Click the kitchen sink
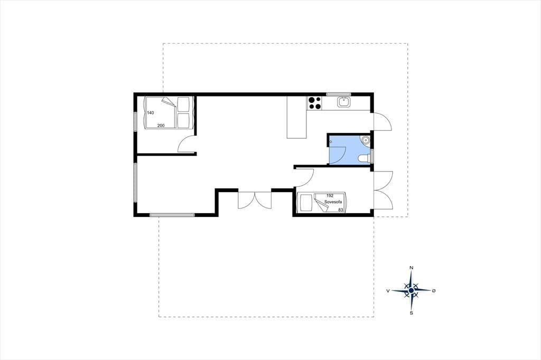click(x=344, y=102)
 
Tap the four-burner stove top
click(x=314, y=103)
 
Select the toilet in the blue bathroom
click(x=365, y=158)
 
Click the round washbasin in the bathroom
click(x=366, y=140)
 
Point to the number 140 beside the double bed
click(x=151, y=113)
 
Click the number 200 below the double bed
click(x=161, y=126)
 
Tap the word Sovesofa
click(x=333, y=202)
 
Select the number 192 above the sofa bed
click(x=330, y=196)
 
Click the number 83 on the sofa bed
click(x=341, y=210)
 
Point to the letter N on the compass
click(x=411, y=268)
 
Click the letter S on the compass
click(x=411, y=313)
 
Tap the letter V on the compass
click(x=388, y=291)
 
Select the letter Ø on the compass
click(x=434, y=291)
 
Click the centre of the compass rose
click(x=411, y=291)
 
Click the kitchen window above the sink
click(x=339, y=94)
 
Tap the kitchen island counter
click(x=297, y=117)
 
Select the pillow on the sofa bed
click(x=305, y=203)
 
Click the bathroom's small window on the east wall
click(x=372, y=156)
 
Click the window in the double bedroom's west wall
click(x=136, y=120)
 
